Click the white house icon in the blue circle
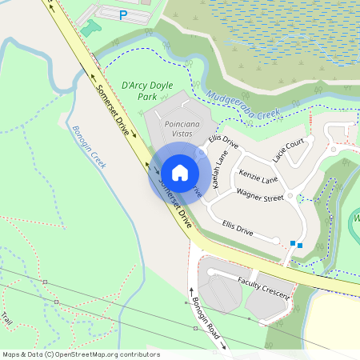180,172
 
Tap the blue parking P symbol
122,14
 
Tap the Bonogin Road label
206,315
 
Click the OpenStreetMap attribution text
81,354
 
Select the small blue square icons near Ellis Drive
296,243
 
